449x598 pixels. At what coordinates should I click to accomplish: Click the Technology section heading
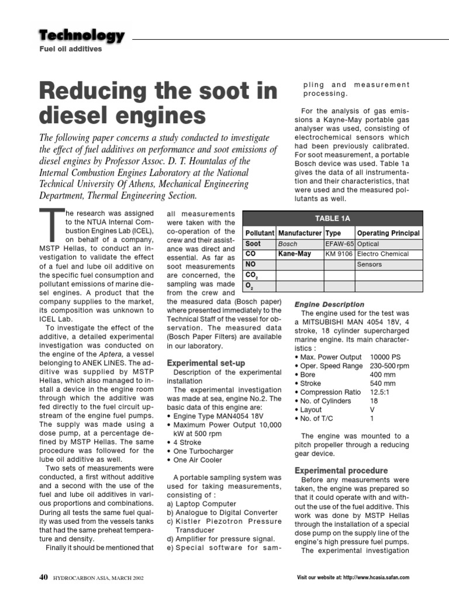coord(82,35)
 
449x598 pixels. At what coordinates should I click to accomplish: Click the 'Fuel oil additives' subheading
coord(70,49)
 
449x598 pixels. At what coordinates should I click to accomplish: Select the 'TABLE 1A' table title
coord(332,218)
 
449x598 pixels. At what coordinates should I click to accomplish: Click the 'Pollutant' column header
coord(260,233)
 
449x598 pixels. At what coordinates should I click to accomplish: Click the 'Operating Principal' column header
coord(388,233)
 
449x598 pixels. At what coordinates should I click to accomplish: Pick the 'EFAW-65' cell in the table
coord(339,244)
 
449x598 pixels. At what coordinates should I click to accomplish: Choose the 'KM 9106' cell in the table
coord(339,254)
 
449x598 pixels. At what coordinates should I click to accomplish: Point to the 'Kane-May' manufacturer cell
coord(295,254)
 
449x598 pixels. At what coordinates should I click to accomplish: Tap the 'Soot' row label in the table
coord(253,244)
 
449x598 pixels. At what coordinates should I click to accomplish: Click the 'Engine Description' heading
coord(329,304)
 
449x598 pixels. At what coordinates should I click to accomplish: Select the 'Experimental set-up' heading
coord(206,363)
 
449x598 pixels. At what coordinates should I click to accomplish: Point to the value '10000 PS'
coord(386,357)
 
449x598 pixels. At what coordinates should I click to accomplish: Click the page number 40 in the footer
coord(43,578)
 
